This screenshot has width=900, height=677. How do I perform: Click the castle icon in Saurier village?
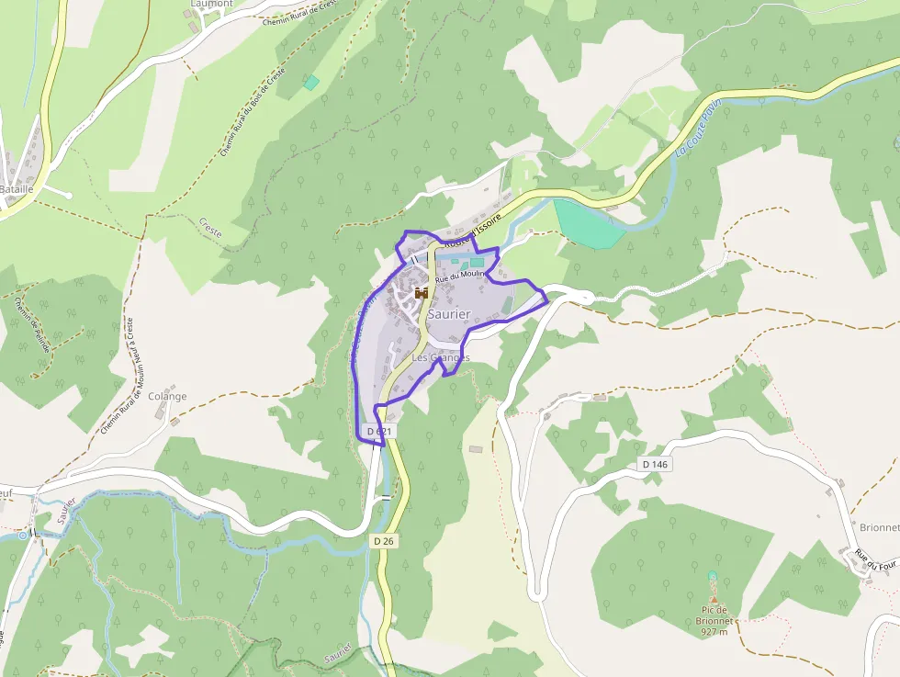[422, 293]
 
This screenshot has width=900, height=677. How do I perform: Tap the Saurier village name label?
[448, 314]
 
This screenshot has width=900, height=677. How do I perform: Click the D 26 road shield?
[384, 541]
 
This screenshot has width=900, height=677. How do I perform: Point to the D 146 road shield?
[655, 465]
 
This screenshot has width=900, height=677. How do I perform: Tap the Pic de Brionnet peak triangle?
[714, 598]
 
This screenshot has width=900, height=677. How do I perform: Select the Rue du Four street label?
[874, 559]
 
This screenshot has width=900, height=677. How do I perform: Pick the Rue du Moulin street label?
[460, 275]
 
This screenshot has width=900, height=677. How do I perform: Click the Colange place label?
[167, 397]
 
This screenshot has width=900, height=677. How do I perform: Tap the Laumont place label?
[211, 4]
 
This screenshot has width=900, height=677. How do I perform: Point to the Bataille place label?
[17, 188]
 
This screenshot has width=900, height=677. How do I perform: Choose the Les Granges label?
[441, 357]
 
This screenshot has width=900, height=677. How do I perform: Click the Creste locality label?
[209, 228]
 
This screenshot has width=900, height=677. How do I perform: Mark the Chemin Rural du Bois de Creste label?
[252, 111]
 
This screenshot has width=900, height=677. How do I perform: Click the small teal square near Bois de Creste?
[311, 83]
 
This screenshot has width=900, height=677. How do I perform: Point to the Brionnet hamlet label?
[880, 527]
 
